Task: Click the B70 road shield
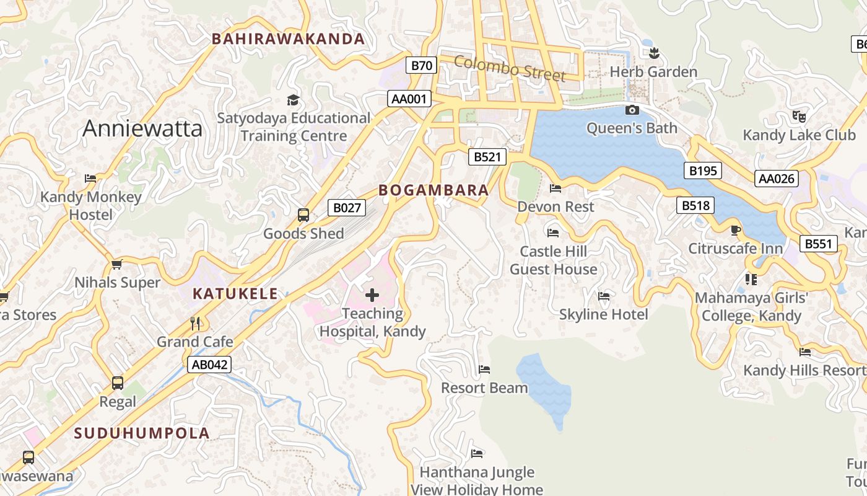tap(422, 65)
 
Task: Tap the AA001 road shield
tap(409, 99)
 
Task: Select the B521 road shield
tap(487, 157)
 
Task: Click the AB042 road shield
tap(210, 365)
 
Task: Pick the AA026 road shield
tap(777, 179)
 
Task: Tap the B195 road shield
tap(703, 170)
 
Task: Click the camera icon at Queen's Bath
tap(632, 110)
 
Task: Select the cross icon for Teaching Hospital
tap(372, 295)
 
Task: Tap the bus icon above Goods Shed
tap(303, 215)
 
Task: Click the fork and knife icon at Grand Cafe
tap(195, 323)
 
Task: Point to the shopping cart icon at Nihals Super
tap(116, 265)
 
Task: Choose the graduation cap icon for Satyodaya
tap(293, 100)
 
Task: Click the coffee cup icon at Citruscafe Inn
tap(735, 231)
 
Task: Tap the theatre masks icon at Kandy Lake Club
tap(799, 116)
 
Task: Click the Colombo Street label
tap(510, 68)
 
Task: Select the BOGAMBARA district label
tap(434, 190)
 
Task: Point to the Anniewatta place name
tap(142, 128)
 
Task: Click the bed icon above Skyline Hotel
tap(604, 296)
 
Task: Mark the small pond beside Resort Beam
tap(545, 387)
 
